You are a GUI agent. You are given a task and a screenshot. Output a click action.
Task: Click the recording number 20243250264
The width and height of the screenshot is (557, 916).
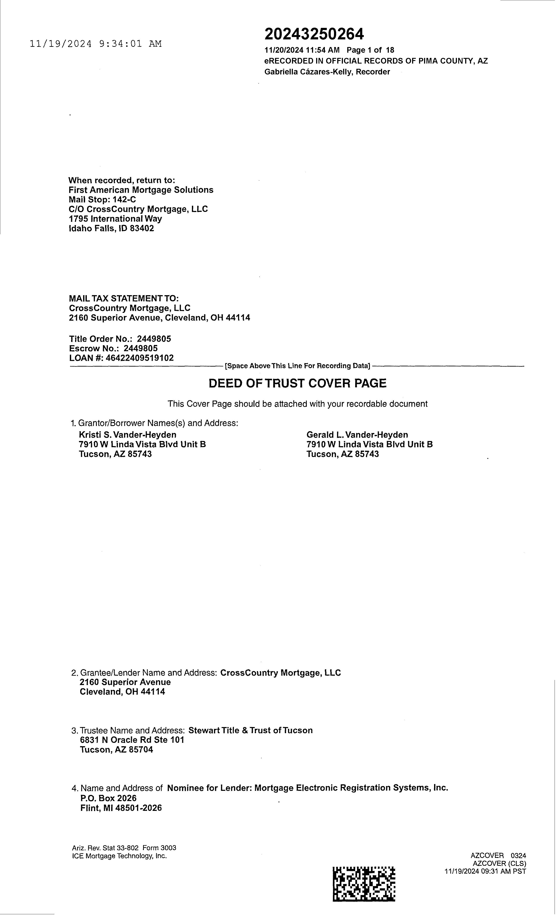click(314, 34)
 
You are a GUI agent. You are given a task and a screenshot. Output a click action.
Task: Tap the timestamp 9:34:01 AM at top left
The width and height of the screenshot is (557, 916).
click(130, 44)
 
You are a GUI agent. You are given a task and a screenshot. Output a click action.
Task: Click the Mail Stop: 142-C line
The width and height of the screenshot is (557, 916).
click(102, 200)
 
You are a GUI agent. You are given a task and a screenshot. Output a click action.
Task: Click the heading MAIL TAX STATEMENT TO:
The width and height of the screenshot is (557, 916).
click(124, 298)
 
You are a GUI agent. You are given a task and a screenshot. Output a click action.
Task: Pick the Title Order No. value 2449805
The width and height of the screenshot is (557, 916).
click(154, 339)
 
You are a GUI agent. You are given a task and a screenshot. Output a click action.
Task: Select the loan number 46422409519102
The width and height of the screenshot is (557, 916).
click(140, 358)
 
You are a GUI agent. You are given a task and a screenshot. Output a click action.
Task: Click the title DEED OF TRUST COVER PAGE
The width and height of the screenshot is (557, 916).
click(297, 383)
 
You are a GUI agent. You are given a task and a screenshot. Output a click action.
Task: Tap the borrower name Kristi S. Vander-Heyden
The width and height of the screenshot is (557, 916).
click(128, 434)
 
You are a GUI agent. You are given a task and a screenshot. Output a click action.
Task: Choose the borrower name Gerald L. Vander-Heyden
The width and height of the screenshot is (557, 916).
click(357, 434)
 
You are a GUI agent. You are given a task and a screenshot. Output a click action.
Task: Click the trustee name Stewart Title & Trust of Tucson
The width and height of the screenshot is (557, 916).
click(250, 730)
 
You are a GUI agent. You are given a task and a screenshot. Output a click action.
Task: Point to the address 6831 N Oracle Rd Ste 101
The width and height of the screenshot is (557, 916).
click(132, 740)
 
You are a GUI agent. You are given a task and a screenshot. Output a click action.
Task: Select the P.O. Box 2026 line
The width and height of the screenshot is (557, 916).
click(108, 798)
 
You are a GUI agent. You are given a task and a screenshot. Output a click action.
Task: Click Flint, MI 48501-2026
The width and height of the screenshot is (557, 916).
click(121, 808)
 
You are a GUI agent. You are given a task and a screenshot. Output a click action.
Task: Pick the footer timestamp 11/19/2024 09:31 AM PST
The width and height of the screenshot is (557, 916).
click(485, 871)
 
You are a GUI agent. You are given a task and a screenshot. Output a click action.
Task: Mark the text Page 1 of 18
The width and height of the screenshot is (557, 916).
click(370, 50)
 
